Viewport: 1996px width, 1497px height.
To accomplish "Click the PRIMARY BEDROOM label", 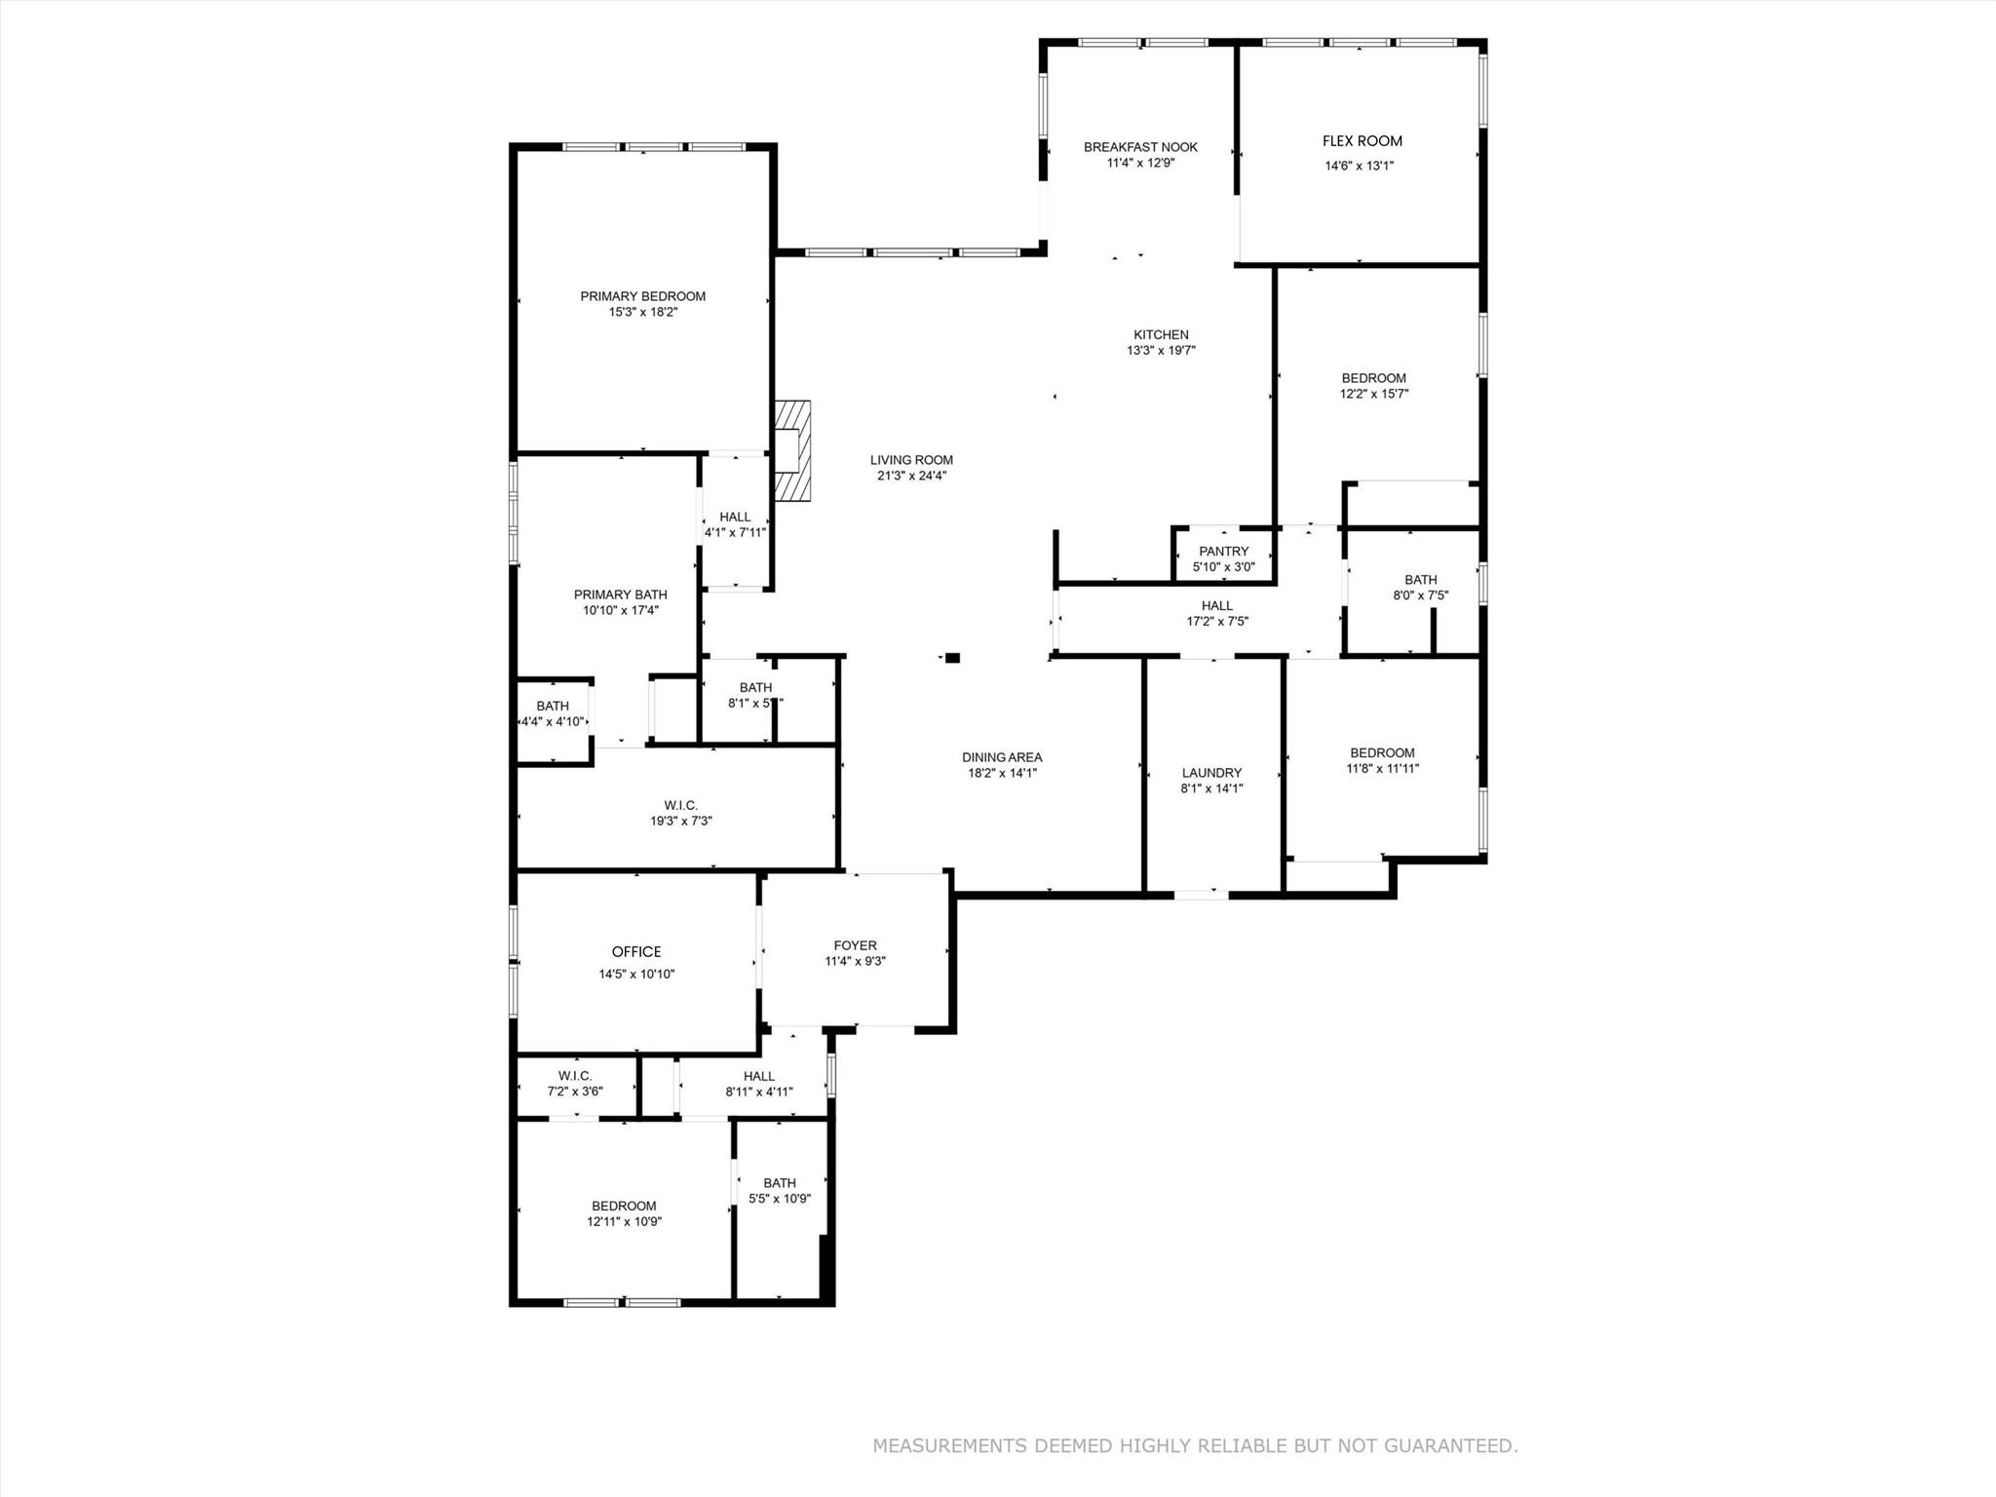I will click(x=642, y=296).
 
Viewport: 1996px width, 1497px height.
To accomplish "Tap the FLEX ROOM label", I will click(x=1362, y=141).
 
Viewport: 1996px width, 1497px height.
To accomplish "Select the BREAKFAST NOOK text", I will click(x=1140, y=147).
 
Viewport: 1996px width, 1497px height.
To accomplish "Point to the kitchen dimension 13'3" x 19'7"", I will click(x=1161, y=351).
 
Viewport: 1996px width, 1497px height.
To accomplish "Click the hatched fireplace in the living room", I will click(x=792, y=450).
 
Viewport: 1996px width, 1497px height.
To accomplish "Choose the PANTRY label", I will click(x=1223, y=552).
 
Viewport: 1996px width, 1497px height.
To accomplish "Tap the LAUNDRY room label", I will click(x=1211, y=773).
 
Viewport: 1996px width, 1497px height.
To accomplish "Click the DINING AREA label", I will click(x=1002, y=757).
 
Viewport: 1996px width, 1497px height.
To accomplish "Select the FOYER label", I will click(x=855, y=945).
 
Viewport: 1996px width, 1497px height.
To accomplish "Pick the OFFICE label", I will click(x=636, y=952).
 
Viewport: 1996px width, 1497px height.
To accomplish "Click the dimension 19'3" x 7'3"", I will click(x=681, y=822).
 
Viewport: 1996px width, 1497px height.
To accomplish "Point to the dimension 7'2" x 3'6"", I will click(x=575, y=1092).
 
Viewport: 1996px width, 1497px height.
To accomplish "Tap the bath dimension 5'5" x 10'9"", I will click(x=780, y=1199).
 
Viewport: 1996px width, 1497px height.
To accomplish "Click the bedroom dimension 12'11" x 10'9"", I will click(x=624, y=1221).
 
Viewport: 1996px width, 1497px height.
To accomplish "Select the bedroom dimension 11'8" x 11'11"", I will click(x=1382, y=768).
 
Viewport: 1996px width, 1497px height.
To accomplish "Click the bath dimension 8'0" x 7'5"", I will click(x=1420, y=595).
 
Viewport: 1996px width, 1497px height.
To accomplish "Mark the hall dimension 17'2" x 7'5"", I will click(x=1216, y=622).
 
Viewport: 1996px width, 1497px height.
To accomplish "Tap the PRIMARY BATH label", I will click(x=620, y=595).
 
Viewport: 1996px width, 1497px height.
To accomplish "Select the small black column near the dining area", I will click(x=952, y=658).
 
